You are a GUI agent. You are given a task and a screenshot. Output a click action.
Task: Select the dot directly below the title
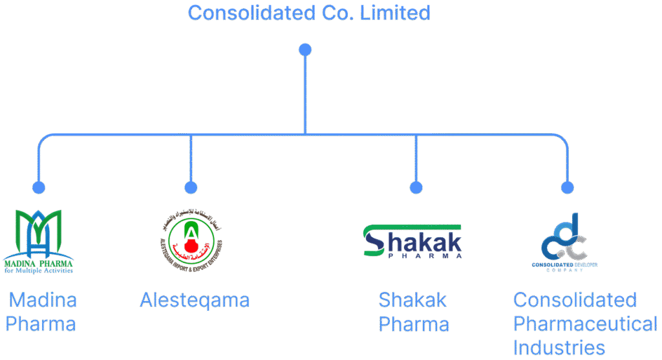coord(305,50)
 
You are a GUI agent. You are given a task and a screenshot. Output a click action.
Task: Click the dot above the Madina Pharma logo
coord(39,187)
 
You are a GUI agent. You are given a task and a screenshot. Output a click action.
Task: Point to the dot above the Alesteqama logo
coord(190,187)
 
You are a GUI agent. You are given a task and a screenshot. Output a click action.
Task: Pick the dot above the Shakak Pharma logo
coord(416,187)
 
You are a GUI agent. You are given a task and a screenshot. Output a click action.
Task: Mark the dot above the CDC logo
coord(567,187)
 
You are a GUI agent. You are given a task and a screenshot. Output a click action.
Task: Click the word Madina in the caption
coord(43,301)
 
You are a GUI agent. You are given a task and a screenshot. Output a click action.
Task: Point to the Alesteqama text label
coord(195,301)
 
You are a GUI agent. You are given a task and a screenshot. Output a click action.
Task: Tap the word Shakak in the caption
coord(412,301)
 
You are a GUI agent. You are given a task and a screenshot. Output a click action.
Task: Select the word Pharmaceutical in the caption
coord(585,324)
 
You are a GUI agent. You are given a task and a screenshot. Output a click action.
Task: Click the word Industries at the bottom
coord(559,347)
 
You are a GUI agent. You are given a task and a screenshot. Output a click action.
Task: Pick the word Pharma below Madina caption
coord(41,324)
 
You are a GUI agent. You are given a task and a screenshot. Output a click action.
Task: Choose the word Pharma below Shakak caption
coord(414,324)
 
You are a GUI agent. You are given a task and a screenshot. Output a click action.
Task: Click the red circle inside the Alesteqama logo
coord(190,246)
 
